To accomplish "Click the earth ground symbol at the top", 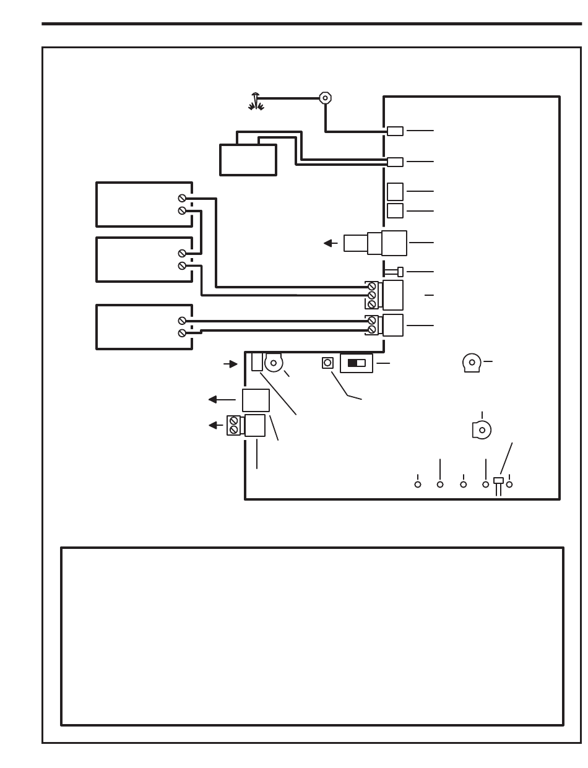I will point(256,101).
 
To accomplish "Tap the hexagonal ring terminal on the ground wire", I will point(325,98).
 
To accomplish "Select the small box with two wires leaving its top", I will point(248,159).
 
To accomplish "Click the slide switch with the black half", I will point(357,363).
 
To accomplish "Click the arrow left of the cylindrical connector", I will point(330,243).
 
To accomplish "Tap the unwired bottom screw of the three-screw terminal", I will point(372,304).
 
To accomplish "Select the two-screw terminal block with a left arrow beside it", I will point(234,425).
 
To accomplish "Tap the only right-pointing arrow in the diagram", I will point(230,365).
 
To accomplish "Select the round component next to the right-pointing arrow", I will point(274,363).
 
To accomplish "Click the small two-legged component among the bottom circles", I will point(498,482).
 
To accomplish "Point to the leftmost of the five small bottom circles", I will point(418,484).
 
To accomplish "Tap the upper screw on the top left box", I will point(182,198).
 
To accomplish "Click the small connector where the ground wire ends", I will point(395,131).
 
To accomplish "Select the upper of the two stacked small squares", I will point(395,191).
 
